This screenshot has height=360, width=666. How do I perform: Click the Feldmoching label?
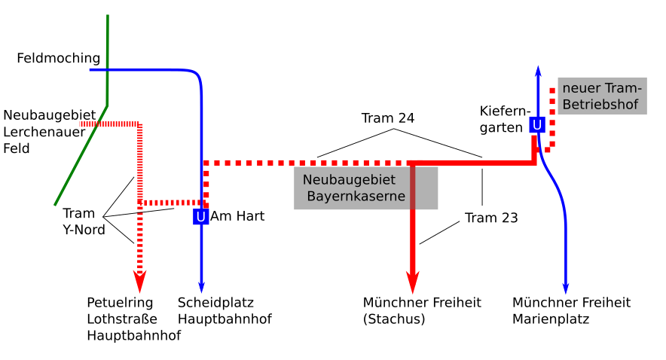pyautogui.click(x=59, y=58)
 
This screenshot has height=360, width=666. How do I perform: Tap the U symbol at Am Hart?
pyautogui.click(x=200, y=216)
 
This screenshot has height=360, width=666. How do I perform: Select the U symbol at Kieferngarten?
pyautogui.click(x=537, y=125)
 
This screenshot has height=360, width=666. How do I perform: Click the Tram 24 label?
pyautogui.click(x=388, y=118)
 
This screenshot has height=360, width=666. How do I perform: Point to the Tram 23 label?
pyautogui.click(x=491, y=218)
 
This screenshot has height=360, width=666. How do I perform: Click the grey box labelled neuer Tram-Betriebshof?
pyautogui.click(x=602, y=96)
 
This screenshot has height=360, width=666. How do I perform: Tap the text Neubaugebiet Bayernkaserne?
pyautogui.click(x=353, y=188)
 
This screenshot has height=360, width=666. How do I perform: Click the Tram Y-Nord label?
pyautogui.click(x=84, y=221)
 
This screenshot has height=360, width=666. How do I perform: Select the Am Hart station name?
pyautogui.click(x=237, y=216)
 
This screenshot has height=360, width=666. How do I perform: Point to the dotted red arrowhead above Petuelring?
pyautogui.click(x=139, y=282)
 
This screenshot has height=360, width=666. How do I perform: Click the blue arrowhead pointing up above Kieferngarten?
pyautogui.click(x=538, y=72)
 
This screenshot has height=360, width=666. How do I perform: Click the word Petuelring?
pyautogui.click(x=120, y=303)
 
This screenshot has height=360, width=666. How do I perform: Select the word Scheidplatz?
pyautogui.click(x=215, y=303)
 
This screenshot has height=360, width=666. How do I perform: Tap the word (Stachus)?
pyautogui.click(x=394, y=319)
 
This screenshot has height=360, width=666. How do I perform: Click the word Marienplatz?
pyautogui.click(x=551, y=319)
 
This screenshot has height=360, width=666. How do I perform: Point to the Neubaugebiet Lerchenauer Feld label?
pyautogui.click(x=49, y=132)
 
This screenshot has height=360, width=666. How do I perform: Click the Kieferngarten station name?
pyautogui.click(x=505, y=119)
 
